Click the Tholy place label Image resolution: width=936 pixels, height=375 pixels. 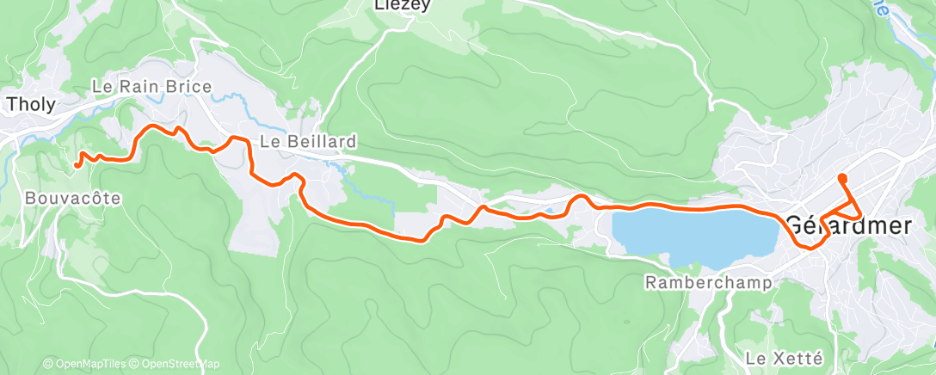pos(31,105)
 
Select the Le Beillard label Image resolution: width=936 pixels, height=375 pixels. pos(307,140)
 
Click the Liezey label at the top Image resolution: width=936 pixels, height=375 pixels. pos(402,5)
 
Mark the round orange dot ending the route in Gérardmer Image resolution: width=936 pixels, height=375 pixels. pos(841,178)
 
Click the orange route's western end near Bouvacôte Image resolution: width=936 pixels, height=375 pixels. pos(77,163)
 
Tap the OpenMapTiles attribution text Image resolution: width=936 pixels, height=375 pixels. pos(86,364)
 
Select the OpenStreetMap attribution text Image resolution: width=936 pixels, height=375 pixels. pos(176,364)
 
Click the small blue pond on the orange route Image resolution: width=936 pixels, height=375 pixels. pos(548,209)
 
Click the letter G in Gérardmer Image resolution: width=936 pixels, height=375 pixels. pos(797,225)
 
